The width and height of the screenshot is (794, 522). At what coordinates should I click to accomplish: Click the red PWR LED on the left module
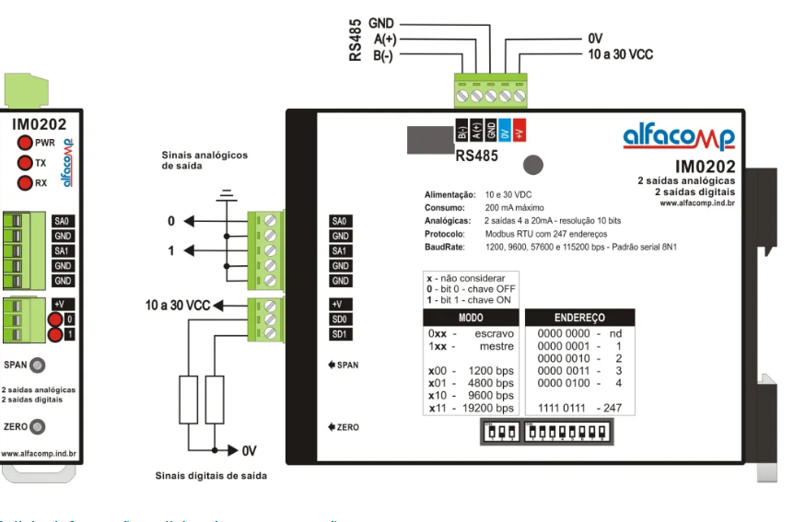(24, 143)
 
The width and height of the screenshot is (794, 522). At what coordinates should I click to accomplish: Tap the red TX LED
(24, 163)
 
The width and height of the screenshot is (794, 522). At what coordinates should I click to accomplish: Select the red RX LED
(24, 183)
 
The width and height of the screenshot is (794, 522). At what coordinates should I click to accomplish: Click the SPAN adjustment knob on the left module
(37, 365)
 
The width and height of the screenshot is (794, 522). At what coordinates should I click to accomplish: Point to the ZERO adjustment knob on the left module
(37, 427)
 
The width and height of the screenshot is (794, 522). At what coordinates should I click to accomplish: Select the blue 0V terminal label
(505, 131)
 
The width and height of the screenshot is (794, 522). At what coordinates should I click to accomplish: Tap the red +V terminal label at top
(519, 131)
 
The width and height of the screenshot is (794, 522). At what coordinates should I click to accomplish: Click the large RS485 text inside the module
(476, 156)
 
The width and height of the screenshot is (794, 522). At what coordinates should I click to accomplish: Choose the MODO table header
(471, 316)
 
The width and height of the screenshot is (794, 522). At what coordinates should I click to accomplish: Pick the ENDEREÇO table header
(579, 316)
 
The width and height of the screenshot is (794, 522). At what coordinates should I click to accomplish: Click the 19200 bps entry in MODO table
(488, 408)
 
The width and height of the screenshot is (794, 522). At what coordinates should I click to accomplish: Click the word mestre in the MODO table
(496, 346)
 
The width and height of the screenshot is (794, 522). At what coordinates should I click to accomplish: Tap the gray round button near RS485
(531, 165)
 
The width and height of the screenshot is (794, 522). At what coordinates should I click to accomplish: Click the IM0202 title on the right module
(705, 167)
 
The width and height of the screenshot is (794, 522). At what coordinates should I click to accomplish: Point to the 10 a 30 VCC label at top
(620, 55)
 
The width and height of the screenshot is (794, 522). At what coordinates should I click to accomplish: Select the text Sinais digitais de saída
(211, 476)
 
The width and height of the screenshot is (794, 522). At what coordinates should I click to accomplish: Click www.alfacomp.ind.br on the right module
(696, 203)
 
